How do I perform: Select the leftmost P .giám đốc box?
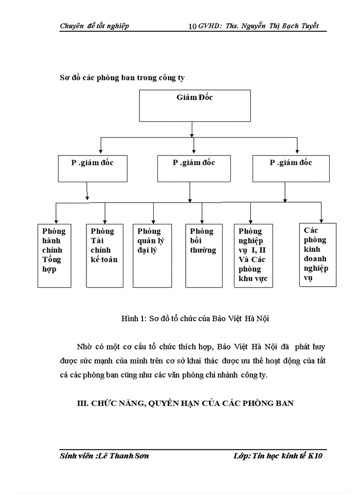tap(92, 169)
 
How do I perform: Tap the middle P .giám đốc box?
tap(193, 169)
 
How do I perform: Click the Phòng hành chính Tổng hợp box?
tap(56, 255)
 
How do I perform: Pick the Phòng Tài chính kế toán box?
tap(104, 255)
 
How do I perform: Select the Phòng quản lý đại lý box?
tap(153, 255)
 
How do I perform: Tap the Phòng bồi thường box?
tap(203, 255)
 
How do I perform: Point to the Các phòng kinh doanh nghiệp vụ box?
tap(318, 254)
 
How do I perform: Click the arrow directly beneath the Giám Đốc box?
tap(192, 129)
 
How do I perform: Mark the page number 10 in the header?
tap(193, 26)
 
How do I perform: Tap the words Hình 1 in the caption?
tap(133, 319)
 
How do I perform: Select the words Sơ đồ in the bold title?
tap(71, 78)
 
